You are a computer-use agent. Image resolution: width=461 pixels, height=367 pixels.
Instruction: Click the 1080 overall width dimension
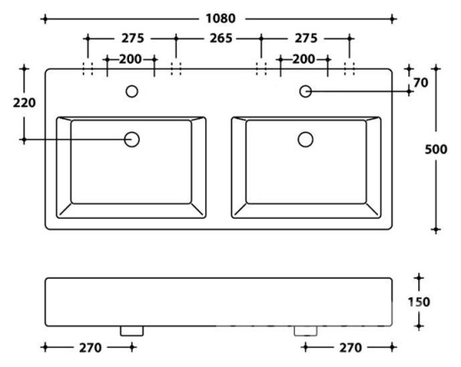point(220,18)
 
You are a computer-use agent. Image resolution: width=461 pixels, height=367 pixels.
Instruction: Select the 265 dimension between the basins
point(220,39)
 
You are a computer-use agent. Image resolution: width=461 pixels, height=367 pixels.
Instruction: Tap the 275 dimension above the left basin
point(133,39)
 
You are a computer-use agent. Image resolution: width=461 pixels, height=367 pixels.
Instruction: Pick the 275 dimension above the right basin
point(306,39)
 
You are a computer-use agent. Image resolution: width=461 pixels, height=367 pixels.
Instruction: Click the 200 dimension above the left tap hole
point(130,59)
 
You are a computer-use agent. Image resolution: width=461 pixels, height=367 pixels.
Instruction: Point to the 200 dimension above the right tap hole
point(303,59)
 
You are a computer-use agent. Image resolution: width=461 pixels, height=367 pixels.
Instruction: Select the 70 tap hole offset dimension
point(421,83)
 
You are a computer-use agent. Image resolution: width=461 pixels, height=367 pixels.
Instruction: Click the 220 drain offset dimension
point(24,103)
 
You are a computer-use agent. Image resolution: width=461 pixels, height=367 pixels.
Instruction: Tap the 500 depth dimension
point(436,149)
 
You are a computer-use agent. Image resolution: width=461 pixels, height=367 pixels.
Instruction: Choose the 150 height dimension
point(419,302)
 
